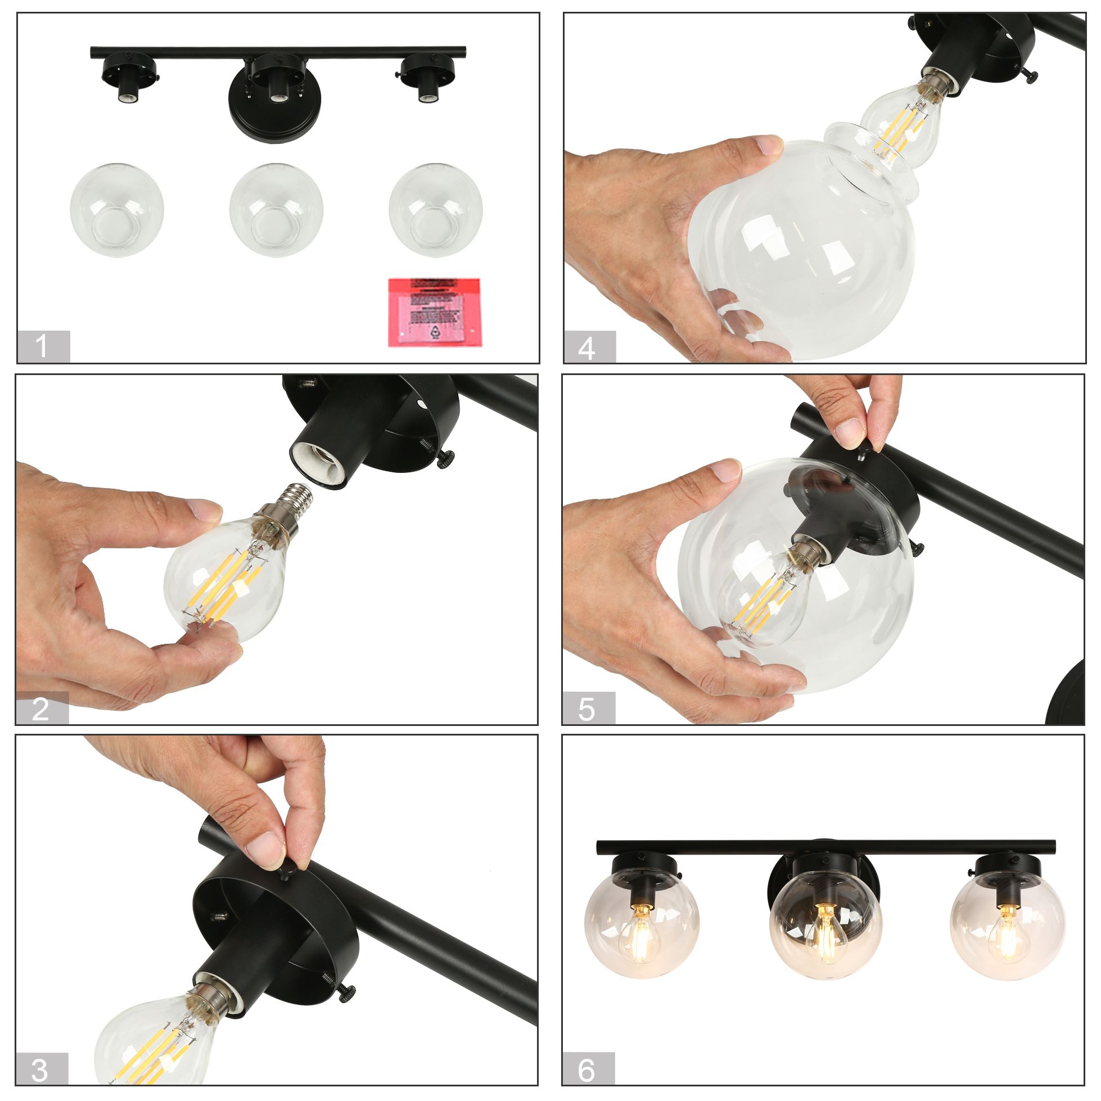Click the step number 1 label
43,346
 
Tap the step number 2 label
42,709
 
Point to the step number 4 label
589,346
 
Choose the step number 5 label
588,709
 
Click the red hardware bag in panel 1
434,312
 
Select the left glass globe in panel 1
117,210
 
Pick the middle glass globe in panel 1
277,210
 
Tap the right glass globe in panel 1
435,210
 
